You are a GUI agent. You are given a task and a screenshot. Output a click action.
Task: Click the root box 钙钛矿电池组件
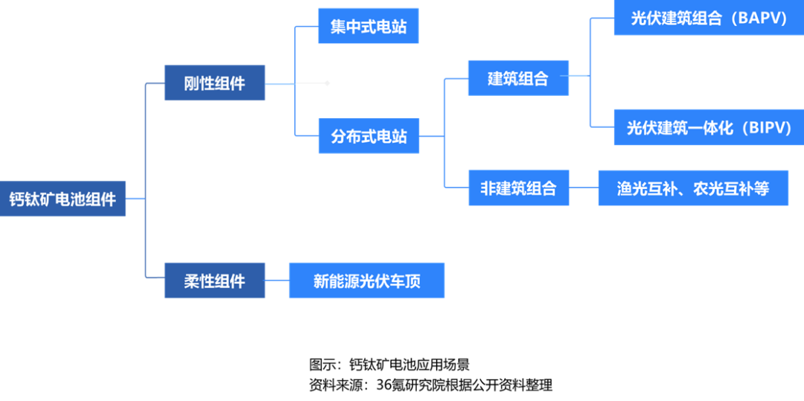(63, 199)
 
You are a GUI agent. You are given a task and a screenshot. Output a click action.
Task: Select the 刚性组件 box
(214, 83)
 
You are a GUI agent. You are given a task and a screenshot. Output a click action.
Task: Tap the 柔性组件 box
(214, 281)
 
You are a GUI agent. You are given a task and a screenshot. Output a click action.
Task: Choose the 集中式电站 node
(368, 27)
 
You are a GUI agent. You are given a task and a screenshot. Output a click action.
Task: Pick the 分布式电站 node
(368, 136)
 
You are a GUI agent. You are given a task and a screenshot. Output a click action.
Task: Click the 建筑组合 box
(518, 78)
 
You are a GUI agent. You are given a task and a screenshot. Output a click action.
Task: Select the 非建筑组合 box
(518, 188)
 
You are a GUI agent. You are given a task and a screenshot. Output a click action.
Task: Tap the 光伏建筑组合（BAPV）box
(709, 18)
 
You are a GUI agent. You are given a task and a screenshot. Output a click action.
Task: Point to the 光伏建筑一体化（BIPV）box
(709, 127)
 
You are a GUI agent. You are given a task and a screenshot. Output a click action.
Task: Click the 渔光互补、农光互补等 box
(693, 188)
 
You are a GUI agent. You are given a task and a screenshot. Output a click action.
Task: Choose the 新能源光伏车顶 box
(366, 281)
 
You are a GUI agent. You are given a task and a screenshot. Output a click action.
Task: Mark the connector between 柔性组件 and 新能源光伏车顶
(277, 281)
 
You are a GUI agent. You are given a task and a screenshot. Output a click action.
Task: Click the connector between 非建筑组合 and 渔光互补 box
(584, 188)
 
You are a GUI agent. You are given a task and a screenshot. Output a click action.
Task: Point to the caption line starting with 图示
(389, 365)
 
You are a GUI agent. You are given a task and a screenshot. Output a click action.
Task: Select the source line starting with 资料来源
(431, 385)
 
